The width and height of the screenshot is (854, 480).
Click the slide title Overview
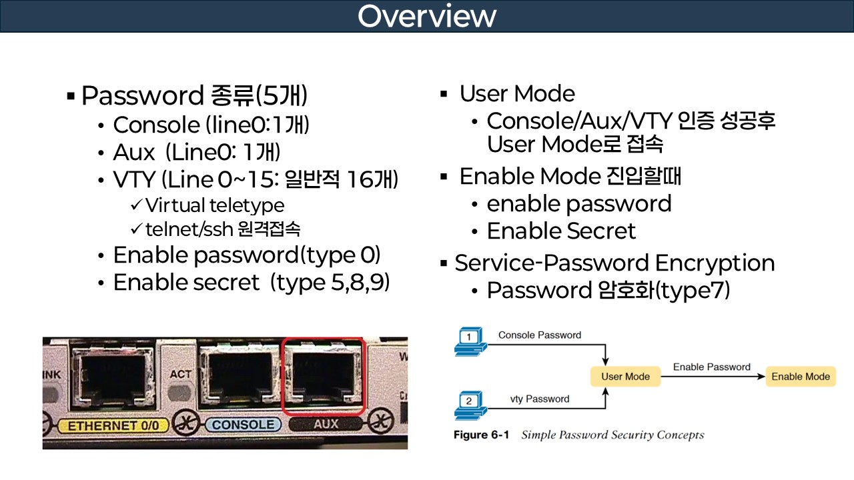pos(426,16)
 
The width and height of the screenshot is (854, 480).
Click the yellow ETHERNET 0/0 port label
pos(107,424)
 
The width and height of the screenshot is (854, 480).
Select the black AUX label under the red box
pos(326,423)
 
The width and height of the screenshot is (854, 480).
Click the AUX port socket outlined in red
pos(324,377)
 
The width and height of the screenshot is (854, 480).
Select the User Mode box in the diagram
pos(625,377)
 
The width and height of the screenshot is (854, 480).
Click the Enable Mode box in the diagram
pos(800,377)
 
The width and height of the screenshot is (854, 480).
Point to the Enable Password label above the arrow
pos(711,367)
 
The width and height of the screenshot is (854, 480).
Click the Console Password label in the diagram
pos(539,335)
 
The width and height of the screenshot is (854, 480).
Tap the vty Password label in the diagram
pos(539,399)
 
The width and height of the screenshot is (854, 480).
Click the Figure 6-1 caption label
pos(481,435)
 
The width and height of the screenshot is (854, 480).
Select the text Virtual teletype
pos(214,205)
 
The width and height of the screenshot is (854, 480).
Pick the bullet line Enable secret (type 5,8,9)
pos(251,283)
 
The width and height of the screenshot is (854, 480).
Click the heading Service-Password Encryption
pos(614,263)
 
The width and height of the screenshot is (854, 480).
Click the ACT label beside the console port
pos(180,374)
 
